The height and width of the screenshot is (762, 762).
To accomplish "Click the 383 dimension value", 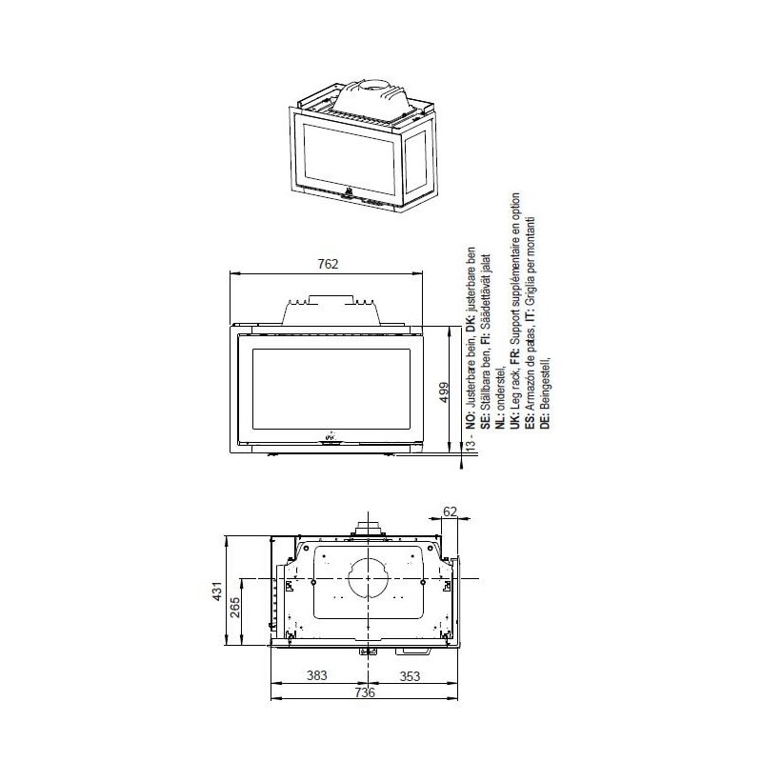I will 316,675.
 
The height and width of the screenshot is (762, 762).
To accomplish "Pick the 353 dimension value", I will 409,675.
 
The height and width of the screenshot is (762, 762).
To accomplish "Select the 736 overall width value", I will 365,692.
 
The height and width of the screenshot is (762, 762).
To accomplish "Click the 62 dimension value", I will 451,511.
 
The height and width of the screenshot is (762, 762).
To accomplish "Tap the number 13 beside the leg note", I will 470,444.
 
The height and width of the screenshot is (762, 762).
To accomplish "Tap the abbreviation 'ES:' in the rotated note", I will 531,421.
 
